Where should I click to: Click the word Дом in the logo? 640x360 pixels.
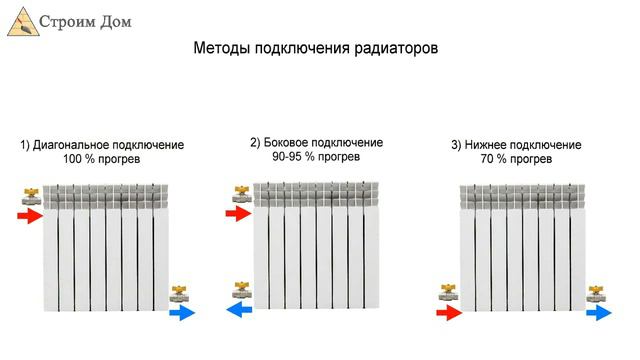(110, 20)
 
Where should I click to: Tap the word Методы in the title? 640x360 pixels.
(218, 48)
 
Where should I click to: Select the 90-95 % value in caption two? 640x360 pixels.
(287, 157)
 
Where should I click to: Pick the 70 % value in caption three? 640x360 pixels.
(496, 160)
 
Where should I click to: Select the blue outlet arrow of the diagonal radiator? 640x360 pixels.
(182, 313)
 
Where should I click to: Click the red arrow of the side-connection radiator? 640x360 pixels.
(238, 213)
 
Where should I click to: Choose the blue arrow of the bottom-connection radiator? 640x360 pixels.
(598, 312)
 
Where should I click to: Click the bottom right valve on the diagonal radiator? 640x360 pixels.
(180, 293)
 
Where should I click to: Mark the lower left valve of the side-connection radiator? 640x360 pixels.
(240, 292)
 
